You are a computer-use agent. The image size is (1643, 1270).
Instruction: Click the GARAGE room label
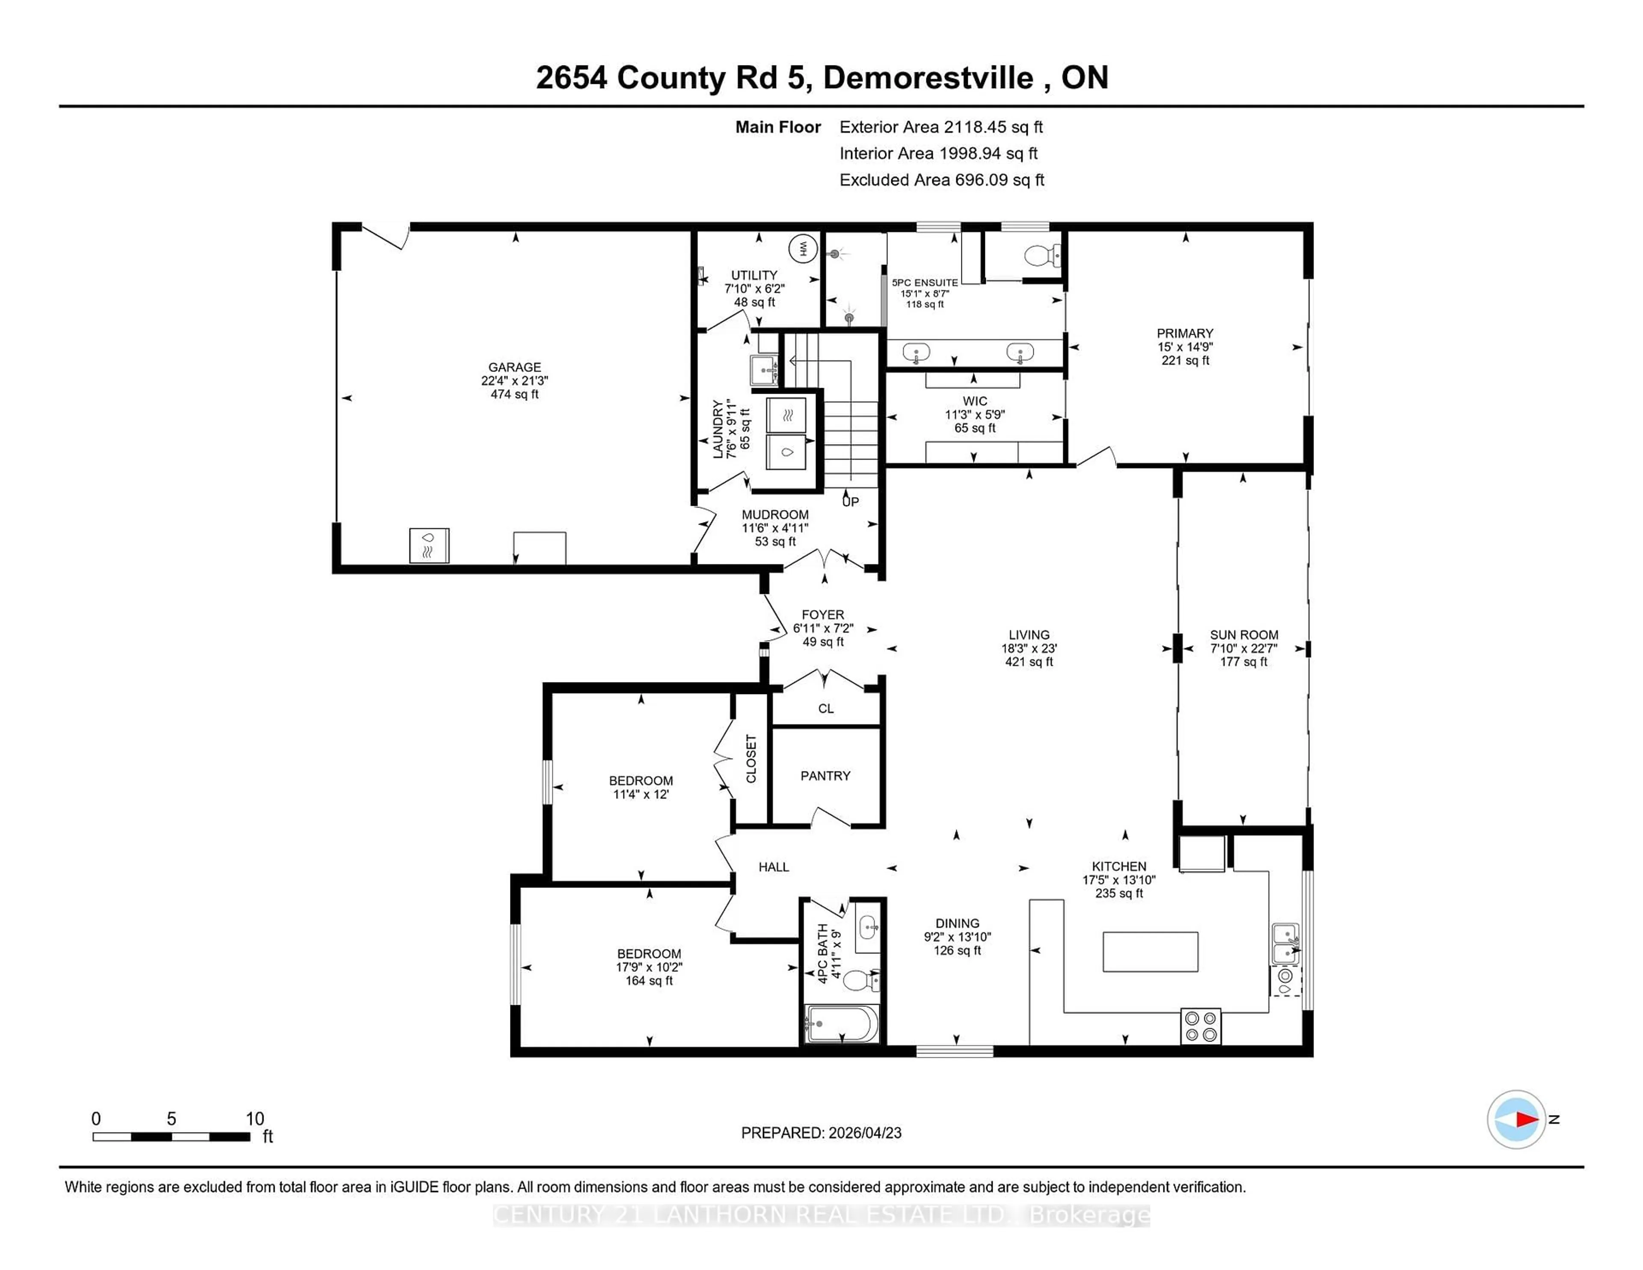[x=515, y=367]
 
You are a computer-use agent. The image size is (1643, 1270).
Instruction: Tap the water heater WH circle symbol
[x=803, y=248]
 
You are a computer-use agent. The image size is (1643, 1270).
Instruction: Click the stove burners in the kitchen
[x=1201, y=1026]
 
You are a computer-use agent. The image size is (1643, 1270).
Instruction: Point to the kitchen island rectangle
[x=1150, y=952]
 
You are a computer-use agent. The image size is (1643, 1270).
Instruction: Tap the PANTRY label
[x=825, y=776]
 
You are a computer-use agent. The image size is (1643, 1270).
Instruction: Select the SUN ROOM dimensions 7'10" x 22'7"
[x=1243, y=649]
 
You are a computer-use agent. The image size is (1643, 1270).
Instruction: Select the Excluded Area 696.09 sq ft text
[x=942, y=180]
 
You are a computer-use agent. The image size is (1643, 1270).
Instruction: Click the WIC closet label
[x=975, y=401]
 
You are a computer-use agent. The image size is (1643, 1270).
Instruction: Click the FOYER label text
[x=823, y=615]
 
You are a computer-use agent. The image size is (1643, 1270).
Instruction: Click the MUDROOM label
[x=775, y=515]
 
